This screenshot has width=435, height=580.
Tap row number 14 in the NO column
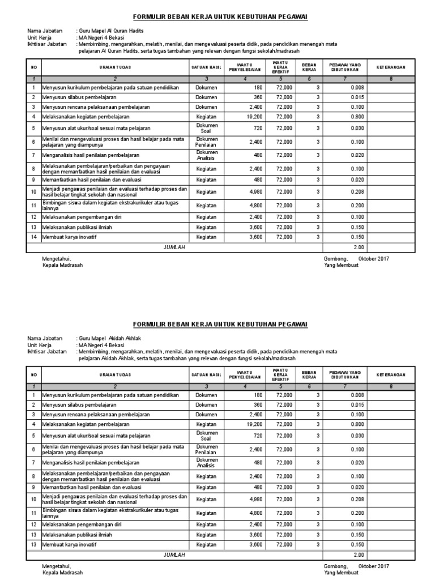click(34, 237)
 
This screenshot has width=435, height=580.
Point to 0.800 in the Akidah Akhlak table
click(356, 424)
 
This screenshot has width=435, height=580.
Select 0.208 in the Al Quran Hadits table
click(356, 191)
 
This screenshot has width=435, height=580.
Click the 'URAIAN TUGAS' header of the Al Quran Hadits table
click(115, 67)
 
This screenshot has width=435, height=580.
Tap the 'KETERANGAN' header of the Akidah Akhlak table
click(390, 374)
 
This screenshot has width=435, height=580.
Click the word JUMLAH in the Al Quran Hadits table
click(174, 248)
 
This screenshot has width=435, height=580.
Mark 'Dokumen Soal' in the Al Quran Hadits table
click(206, 129)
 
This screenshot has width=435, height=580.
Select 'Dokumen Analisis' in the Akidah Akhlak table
click(206, 462)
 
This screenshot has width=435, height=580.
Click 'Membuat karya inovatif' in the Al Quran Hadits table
click(69, 237)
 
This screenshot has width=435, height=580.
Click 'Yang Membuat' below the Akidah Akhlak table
click(341, 572)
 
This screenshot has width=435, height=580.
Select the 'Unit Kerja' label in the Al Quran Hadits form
click(40, 37)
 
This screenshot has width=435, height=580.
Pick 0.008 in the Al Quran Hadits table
click(356, 88)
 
